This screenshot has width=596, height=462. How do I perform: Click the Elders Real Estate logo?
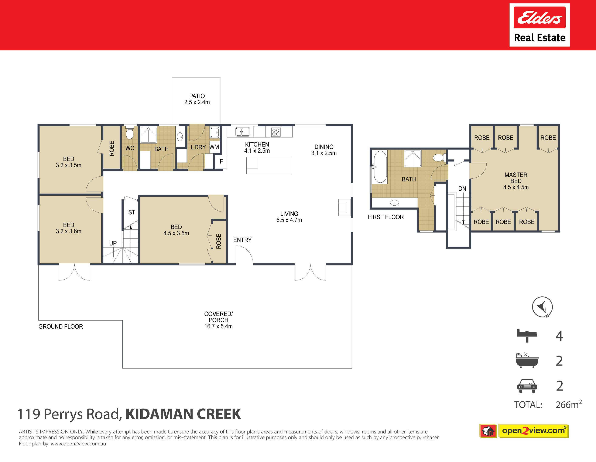tap(540, 25)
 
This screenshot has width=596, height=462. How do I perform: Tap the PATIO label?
tap(197, 96)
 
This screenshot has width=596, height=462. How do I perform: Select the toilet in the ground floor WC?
tap(129, 133)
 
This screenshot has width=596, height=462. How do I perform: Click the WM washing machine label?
tap(214, 147)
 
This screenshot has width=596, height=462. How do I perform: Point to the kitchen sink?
tap(243, 132)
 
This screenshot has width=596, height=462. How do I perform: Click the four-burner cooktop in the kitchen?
tap(276, 132)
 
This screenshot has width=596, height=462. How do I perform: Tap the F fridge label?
tap(221, 161)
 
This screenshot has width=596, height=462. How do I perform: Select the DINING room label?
tap(324, 147)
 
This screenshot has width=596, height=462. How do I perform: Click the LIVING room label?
tap(289, 214)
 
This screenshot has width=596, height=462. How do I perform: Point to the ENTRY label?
tap(242, 240)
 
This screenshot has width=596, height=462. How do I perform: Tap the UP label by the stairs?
tap(113, 243)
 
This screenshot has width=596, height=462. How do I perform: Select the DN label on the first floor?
tap(462, 189)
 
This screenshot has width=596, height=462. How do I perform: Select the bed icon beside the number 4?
tap(527, 336)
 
